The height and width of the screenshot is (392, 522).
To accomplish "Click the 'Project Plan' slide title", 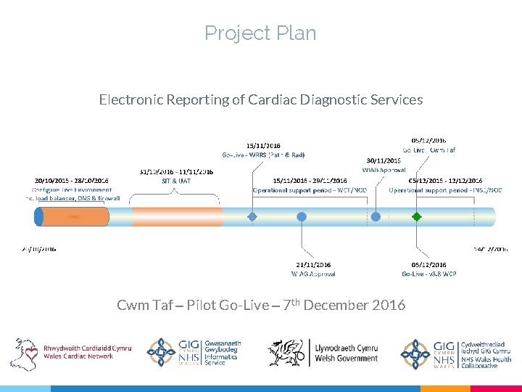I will [x=260, y=33].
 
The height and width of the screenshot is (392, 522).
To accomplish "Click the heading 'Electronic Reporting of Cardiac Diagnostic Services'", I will [x=260, y=99].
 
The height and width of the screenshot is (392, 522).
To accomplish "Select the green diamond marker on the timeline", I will [x=416, y=216].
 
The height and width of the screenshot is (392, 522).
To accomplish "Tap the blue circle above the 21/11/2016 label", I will [x=302, y=216].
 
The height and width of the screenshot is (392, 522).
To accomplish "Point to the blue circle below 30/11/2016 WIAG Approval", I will [x=376, y=216].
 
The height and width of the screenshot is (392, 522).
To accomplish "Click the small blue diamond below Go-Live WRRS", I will [x=252, y=216].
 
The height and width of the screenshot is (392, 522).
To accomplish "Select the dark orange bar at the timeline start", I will [x=83, y=216].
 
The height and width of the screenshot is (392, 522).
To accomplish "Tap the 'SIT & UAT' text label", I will [x=175, y=181].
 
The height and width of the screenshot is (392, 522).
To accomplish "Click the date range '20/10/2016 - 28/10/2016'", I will [x=71, y=180].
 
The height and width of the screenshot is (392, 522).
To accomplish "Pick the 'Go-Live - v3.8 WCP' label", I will [x=429, y=274].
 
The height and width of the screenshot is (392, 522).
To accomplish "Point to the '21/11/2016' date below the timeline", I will [x=313, y=265].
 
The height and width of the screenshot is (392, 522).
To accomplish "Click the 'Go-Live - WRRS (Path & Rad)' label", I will [x=262, y=155].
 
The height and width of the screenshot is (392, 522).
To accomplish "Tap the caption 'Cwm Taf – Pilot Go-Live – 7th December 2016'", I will [x=261, y=305].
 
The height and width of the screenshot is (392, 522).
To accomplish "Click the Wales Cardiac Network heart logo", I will [x=25, y=354].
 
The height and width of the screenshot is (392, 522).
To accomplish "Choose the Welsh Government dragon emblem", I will [x=286, y=354].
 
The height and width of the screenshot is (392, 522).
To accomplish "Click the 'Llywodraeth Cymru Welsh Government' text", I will [x=346, y=353].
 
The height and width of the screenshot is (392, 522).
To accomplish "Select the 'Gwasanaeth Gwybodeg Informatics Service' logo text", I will [x=223, y=353].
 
